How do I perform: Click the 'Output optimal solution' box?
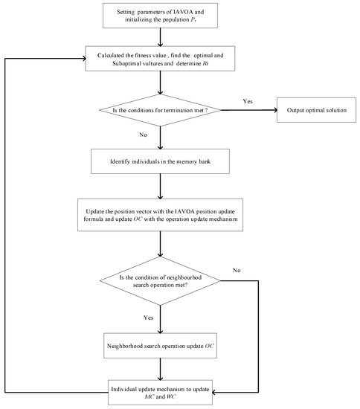pyautogui.click(x=313, y=112)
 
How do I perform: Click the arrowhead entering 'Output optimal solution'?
pyautogui.click(x=272, y=112)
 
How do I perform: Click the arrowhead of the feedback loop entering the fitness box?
pyautogui.click(x=84, y=58)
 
